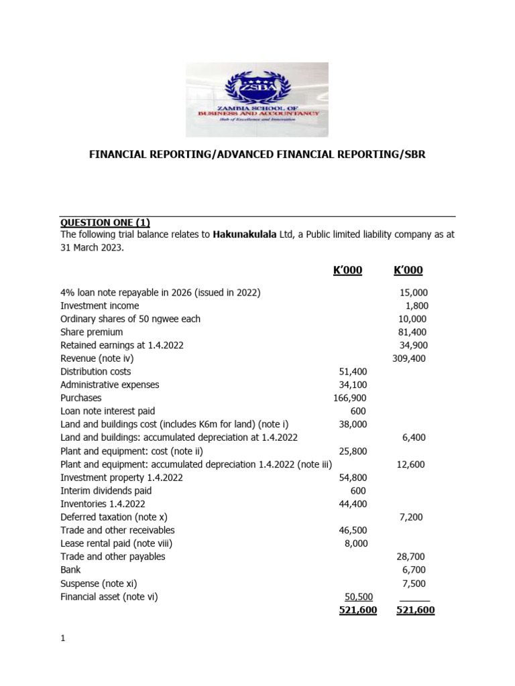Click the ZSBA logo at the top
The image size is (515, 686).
[x=257, y=99]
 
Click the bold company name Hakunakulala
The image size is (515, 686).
[x=250, y=235]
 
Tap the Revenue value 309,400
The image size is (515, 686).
[x=409, y=358]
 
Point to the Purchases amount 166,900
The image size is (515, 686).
[x=351, y=398]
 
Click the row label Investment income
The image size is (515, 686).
[x=99, y=305]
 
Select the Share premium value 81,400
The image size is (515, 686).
[x=412, y=332]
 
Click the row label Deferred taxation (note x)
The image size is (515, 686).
[x=109, y=517]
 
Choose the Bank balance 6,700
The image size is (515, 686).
[x=414, y=570]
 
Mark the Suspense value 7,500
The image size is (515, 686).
[x=414, y=584]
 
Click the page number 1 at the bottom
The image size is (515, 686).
[x=63, y=638]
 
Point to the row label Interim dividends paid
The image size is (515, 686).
[x=105, y=490]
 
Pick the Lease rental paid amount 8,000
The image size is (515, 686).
[x=356, y=544]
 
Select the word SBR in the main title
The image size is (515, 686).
[x=412, y=155]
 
